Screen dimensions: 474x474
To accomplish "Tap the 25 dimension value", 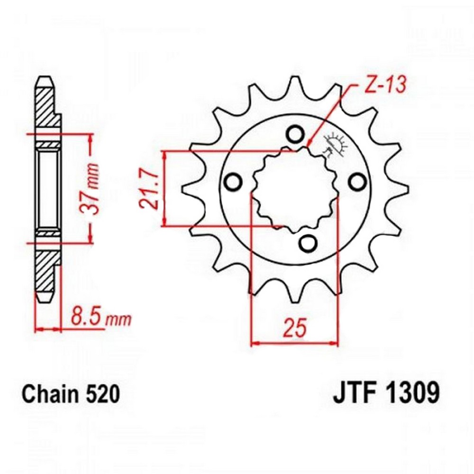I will point(294,328).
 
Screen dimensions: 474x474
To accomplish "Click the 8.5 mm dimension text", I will point(100,317).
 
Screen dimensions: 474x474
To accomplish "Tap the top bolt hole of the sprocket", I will point(295,133).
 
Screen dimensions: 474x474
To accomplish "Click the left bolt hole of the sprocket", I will point(232,181).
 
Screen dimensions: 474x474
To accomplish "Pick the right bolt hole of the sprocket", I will point(357,181).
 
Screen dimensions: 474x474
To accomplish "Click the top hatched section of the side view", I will point(47,107).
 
